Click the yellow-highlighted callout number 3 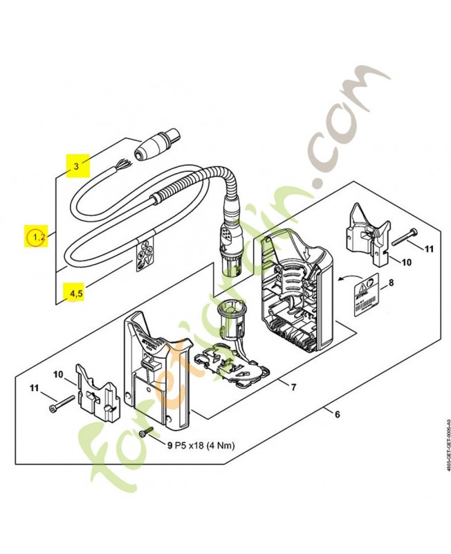coord(77,166)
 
